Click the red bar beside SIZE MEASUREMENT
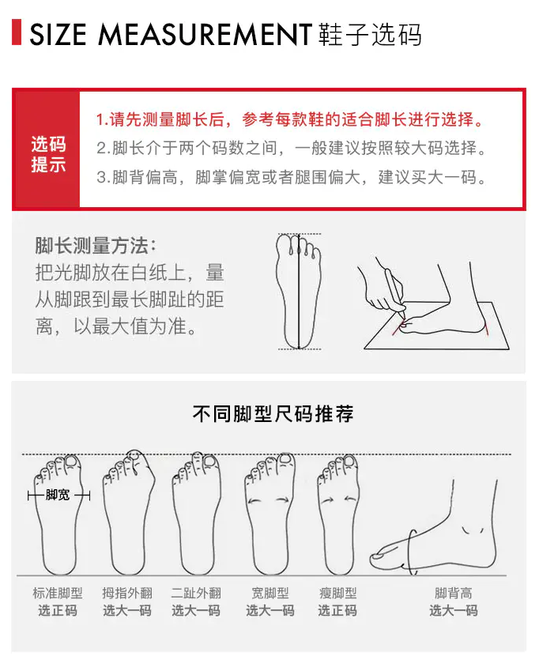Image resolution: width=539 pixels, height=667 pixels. tap(17, 32)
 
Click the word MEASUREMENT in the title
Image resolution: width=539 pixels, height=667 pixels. tap(205, 35)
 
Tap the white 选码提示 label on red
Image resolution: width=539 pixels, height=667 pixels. tap(48, 154)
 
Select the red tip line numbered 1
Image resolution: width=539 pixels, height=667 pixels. tap(290, 119)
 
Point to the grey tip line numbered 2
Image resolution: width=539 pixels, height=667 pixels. tap(292, 148)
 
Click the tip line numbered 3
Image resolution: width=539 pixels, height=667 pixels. tap(292, 177)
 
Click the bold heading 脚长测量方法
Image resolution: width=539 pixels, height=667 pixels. tap(96, 246)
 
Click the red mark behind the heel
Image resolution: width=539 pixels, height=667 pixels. tap(486, 329)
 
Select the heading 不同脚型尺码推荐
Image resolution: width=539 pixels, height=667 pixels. tap(273, 413)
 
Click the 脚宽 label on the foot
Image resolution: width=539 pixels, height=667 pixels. tap(58, 495)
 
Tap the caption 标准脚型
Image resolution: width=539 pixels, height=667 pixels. tap(58, 593)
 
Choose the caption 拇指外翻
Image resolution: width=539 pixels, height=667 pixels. tap(127, 593)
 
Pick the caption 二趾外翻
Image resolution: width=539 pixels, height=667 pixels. tap(196, 593)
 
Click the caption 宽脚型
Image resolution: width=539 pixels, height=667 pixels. tap(270, 593)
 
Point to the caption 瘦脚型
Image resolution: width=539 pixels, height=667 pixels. tap(337, 593)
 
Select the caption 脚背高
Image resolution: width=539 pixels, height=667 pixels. tap(453, 593)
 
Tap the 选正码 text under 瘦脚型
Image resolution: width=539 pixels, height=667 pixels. tap(337, 610)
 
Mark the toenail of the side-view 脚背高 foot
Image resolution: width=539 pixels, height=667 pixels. tap(377, 555)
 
